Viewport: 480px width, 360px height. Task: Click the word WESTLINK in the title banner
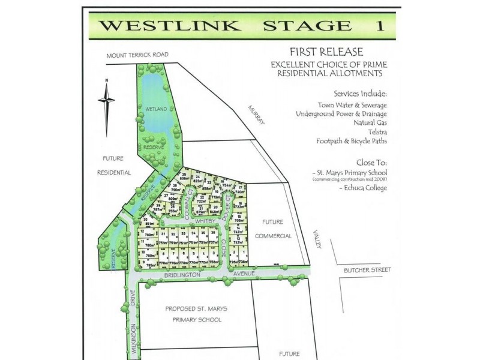(x=170, y=25)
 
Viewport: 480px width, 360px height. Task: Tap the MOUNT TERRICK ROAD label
(x=137, y=55)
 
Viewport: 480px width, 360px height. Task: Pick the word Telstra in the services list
(x=374, y=131)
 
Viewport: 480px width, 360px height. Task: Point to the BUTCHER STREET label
(x=367, y=270)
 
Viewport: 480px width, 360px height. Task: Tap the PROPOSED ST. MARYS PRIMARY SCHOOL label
(x=196, y=314)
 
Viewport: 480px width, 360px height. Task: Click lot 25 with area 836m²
(x=185, y=176)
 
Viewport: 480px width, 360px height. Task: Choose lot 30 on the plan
(x=147, y=222)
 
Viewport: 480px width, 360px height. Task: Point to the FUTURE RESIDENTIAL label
(x=114, y=165)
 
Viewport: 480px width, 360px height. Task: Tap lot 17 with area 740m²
(x=239, y=189)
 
